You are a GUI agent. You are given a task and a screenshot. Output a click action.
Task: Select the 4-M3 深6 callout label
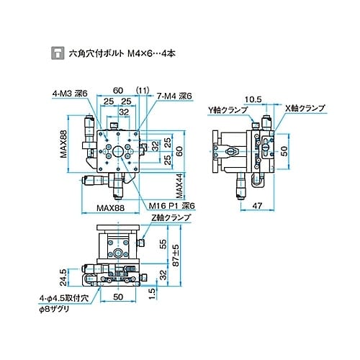click(x=70, y=93)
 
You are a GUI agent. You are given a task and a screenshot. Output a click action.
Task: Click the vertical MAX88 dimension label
click(x=64, y=144)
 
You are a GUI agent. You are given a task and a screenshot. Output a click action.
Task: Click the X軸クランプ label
click(x=305, y=108)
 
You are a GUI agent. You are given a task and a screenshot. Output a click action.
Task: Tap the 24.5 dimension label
click(x=63, y=276)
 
